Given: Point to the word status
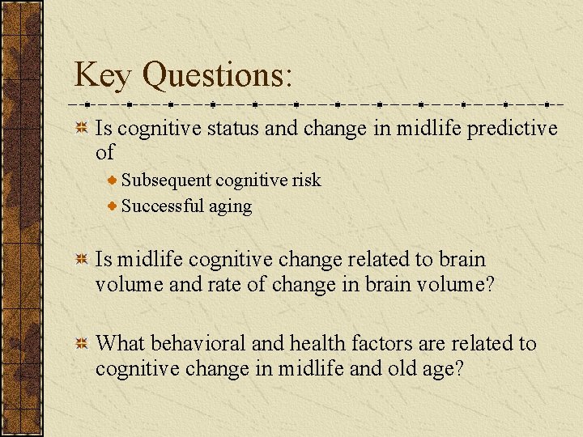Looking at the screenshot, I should click(228, 128).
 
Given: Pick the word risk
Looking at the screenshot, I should click(306, 180).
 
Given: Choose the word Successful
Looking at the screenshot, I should click(163, 206).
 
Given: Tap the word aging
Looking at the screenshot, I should click(231, 206).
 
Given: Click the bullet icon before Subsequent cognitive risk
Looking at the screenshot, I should click(114, 180).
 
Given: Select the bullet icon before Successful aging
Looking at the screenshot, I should click(114, 206).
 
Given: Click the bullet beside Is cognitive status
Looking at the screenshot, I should click(82, 128).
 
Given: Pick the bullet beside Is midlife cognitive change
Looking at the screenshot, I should click(82, 260).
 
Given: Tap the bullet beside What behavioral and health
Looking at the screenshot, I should click(82, 344).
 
